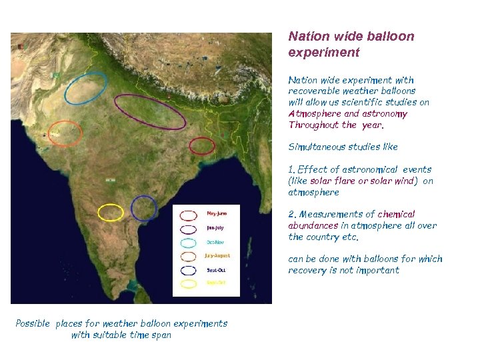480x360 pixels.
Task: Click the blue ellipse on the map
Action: pos(143,208)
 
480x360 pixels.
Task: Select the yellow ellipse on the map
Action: pos(111,213)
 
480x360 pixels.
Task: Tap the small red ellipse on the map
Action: pos(201,145)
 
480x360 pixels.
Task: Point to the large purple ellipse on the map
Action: pos(150,111)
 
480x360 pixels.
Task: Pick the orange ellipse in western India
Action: pos(65,133)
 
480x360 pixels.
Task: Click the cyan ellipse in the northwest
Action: pos(86,87)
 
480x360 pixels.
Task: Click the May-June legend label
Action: pos(217,213)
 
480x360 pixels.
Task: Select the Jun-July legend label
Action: pos(215,227)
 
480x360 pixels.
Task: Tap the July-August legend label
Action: pos(218,255)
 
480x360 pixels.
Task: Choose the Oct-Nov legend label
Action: pos(215,241)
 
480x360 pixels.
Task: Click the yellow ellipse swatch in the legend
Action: pos(189,283)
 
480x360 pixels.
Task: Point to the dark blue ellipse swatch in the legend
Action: pos(189,269)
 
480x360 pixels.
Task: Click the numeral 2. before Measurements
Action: pos(292,215)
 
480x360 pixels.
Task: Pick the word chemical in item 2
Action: pos(396,215)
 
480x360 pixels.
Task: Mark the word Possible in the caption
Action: pos(33,323)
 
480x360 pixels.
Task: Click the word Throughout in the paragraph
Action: pos(313,125)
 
